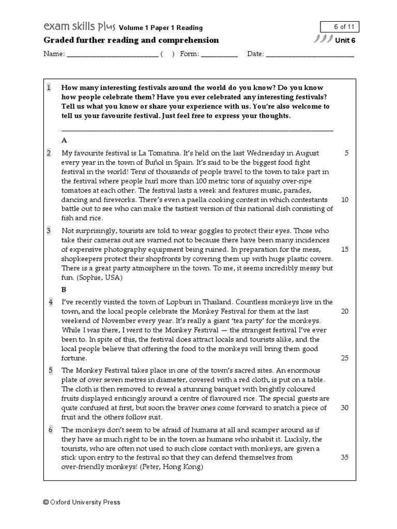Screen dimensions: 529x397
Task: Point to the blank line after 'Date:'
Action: click(x=310, y=54)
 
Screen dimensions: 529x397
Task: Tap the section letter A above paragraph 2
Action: click(x=64, y=140)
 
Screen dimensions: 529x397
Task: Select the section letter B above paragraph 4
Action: click(x=64, y=289)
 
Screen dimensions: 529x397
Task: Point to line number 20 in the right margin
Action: click(x=345, y=311)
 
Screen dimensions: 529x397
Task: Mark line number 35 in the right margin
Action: click(x=345, y=457)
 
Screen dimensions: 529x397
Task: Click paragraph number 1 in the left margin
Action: click(x=49, y=88)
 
